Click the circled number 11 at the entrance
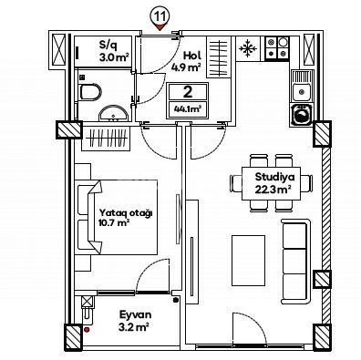pos(160,15)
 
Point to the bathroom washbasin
pos(112,114)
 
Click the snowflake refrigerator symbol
pos(248,48)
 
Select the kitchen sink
pos(302,87)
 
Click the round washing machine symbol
pos(301,114)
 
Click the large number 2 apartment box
pos(187,92)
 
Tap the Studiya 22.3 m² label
pos(273,183)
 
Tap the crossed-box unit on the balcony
pos(87,303)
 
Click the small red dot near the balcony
pos(86,330)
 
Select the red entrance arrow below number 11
pos(160,28)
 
